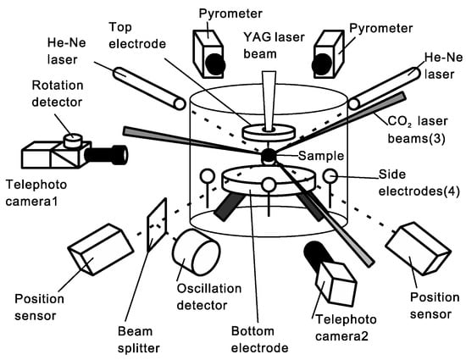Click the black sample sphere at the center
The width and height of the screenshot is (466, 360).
(269, 156)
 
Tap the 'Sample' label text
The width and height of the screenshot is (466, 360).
(321, 156)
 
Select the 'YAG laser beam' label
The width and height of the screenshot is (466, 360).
(274, 46)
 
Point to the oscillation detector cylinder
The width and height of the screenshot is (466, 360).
(197, 252)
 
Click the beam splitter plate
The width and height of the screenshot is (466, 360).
(157, 224)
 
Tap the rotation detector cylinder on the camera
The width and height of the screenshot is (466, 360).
(73, 141)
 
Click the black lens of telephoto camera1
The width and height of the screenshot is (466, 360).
(106, 154)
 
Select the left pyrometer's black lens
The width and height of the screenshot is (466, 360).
(215, 64)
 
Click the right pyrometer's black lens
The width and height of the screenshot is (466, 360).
(322, 64)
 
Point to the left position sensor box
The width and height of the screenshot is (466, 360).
(101, 250)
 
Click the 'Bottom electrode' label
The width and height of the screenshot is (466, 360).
(260, 339)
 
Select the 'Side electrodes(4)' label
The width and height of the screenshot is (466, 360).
(419, 183)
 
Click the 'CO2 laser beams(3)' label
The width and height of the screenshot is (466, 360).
(418, 130)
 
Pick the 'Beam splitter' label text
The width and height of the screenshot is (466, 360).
(139, 340)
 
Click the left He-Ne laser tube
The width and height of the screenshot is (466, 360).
(149, 88)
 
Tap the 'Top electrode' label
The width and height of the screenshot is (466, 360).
(137, 36)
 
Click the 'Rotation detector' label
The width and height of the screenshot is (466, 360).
(58, 93)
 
